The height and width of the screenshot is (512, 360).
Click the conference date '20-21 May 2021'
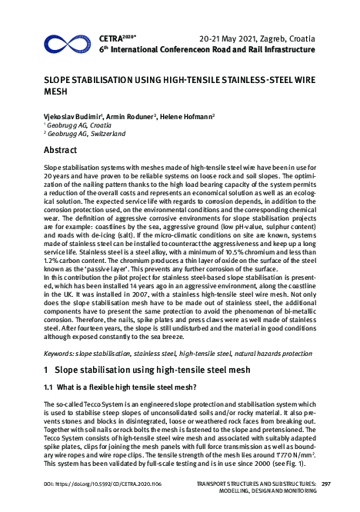tap(226, 37)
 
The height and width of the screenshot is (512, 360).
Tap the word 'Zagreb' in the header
tap(272, 37)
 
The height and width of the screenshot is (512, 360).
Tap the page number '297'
tap(325, 483)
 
